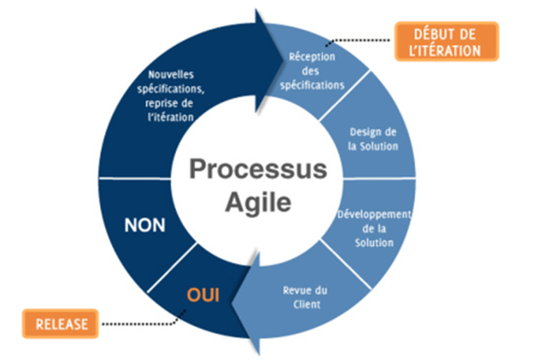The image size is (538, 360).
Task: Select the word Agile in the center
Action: pyautogui.click(x=258, y=203)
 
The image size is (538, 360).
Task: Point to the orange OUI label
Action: pyautogui.click(x=202, y=295)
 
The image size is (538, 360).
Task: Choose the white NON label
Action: pyautogui.click(x=144, y=225)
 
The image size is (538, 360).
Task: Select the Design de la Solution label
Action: pyautogui.click(x=373, y=139)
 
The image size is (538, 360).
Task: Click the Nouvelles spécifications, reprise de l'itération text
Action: pyautogui.click(x=171, y=95)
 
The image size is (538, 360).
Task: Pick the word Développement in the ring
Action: pyautogui.click(x=374, y=215)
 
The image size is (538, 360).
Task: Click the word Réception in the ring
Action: pyautogui.click(x=312, y=57)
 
